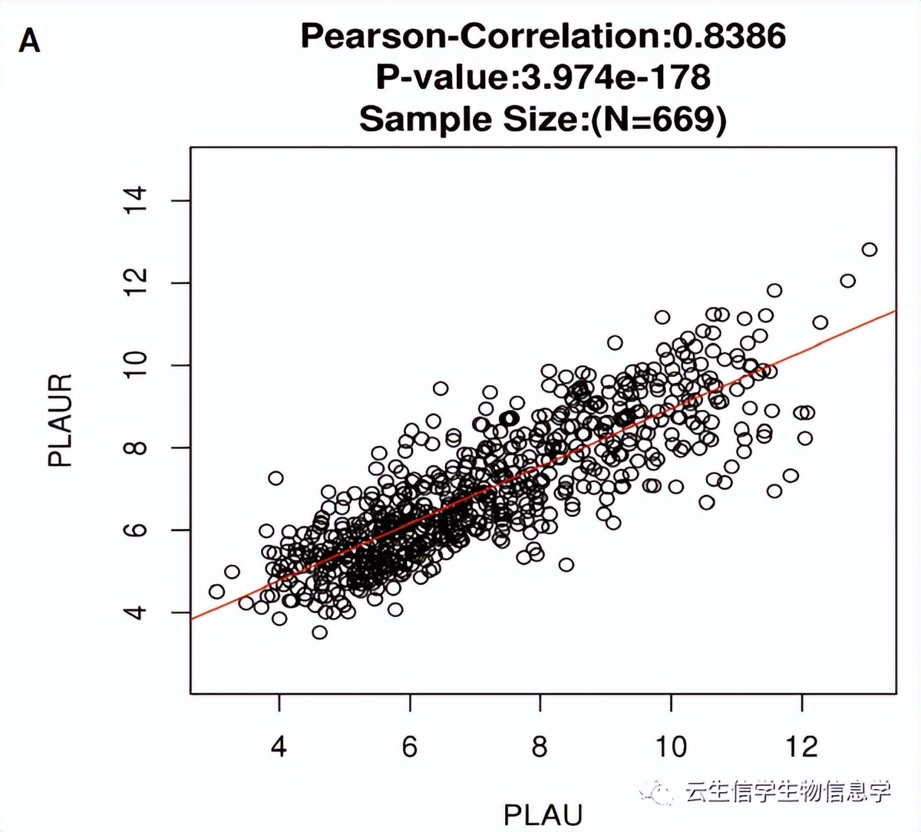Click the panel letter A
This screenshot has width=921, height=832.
(29, 40)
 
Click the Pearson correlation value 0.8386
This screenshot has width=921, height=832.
(729, 36)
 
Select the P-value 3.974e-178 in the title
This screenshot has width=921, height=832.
(616, 77)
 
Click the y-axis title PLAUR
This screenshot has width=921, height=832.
(60, 420)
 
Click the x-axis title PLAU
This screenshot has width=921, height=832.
(543, 814)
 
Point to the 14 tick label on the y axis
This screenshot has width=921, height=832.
(137, 200)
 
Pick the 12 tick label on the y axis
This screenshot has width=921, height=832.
(137, 283)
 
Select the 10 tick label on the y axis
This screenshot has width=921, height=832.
(137, 365)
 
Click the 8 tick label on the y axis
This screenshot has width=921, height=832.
(137, 447)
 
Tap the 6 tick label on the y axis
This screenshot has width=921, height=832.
(137, 530)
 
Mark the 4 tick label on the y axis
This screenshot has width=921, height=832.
(137, 612)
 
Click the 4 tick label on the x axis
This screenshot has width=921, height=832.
(279, 746)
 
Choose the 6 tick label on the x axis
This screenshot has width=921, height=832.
(410, 746)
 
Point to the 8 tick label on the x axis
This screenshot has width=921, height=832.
(540, 746)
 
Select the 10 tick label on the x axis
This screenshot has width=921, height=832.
(671, 746)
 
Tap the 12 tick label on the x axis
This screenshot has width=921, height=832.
(802, 746)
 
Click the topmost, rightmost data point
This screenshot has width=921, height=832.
(870, 249)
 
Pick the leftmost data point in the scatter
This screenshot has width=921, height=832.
(216, 592)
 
